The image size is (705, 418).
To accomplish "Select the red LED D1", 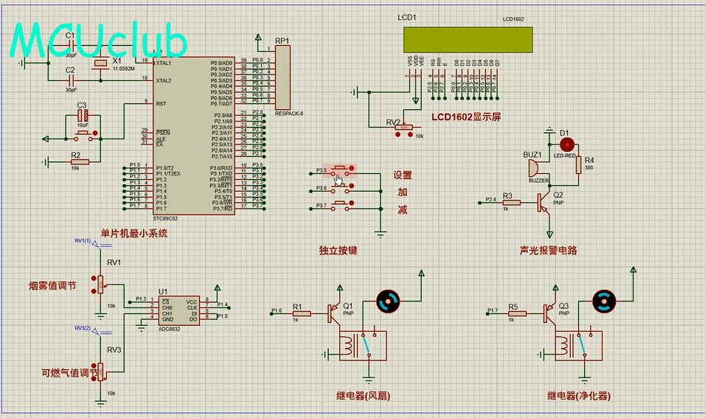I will [x=566, y=143].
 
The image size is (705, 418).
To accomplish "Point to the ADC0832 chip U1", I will [x=179, y=308].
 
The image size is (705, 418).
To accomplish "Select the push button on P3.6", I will [x=342, y=188].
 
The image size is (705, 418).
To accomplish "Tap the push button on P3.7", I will [x=342, y=204].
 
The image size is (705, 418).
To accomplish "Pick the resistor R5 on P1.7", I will [x=517, y=314].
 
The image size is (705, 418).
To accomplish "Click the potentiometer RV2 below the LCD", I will [x=404, y=128].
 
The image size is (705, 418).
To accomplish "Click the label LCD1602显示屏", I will [x=466, y=117].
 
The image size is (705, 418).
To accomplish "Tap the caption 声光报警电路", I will [x=548, y=251].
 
